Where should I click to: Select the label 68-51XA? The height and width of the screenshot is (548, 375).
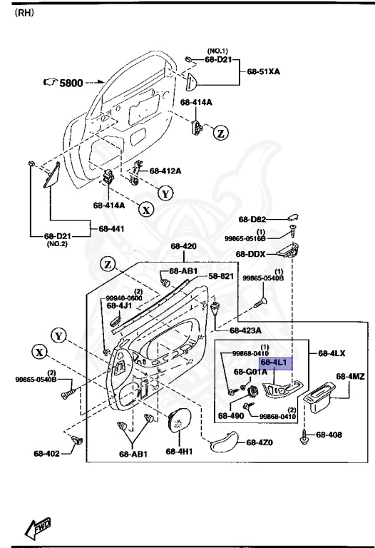(x=263, y=72)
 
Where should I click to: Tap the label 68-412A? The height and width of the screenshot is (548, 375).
(x=165, y=171)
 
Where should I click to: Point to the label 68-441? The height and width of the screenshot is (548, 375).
(x=112, y=228)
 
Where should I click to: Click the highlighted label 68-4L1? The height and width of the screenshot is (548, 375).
(x=274, y=363)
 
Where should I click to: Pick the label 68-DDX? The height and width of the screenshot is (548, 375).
(x=251, y=254)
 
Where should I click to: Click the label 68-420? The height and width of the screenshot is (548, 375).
(x=183, y=246)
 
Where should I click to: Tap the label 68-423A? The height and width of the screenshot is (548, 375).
(x=245, y=330)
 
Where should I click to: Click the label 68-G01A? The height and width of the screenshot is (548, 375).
(x=250, y=372)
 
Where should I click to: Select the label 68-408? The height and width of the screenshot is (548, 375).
(x=329, y=434)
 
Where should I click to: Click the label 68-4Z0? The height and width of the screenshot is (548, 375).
(x=260, y=443)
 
